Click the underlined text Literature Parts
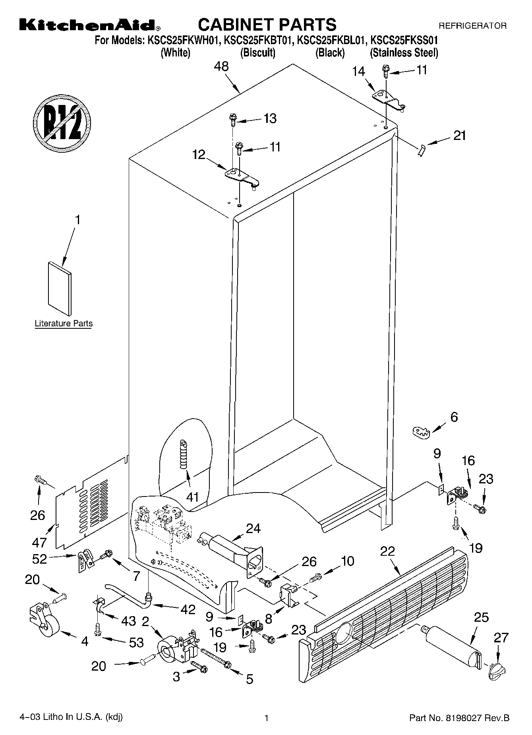[64, 324]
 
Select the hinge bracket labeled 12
[241, 176]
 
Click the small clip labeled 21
[422, 151]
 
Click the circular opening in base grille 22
[344, 633]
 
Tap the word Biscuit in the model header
[257, 52]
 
